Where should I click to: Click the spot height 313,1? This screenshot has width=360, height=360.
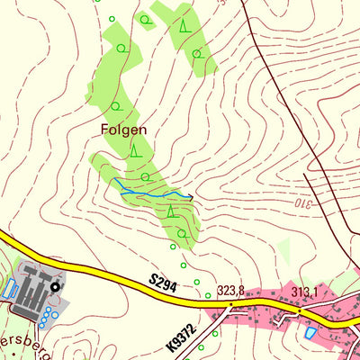(x=305, y=292)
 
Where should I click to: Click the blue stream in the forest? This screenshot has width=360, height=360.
(x=148, y=193)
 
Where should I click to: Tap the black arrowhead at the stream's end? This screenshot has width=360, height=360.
(x=190, y=197)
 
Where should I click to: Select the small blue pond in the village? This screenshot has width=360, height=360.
(x=310, y=333)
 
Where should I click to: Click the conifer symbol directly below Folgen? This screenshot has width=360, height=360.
(x=134, y=149)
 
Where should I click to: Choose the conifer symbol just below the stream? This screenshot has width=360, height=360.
(x=170, y=211)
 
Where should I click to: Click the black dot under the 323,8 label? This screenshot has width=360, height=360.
(x=231, y=304)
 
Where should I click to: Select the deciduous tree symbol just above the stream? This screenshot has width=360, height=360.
(x=144, y=176)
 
